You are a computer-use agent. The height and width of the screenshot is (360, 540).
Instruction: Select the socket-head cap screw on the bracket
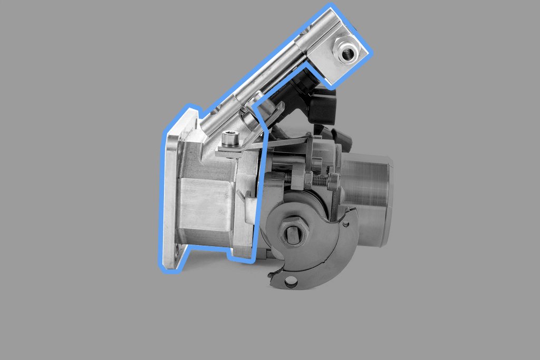point(230,139)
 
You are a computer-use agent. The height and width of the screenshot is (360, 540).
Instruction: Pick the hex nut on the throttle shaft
point(293,232)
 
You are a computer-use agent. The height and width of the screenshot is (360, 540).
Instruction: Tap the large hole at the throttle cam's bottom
point(290,283)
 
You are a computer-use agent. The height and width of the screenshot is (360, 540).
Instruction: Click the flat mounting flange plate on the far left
point(171,200)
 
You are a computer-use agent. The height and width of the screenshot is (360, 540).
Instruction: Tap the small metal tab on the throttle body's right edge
point(241,196)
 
